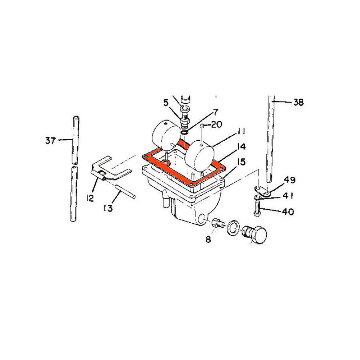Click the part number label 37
(x=50, y=140)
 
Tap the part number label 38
(x=298, y=102)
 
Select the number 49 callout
(x=290, y=180)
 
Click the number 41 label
(x=288, y=196)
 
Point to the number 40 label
(x=288, y=211)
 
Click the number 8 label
(x=209, y=240)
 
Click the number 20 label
(x=216, y=125)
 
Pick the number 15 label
(x=241, y=162)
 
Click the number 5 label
(x=166, y=102)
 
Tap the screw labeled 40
(x=256, y=208)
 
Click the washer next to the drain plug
(x=233, y=228)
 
